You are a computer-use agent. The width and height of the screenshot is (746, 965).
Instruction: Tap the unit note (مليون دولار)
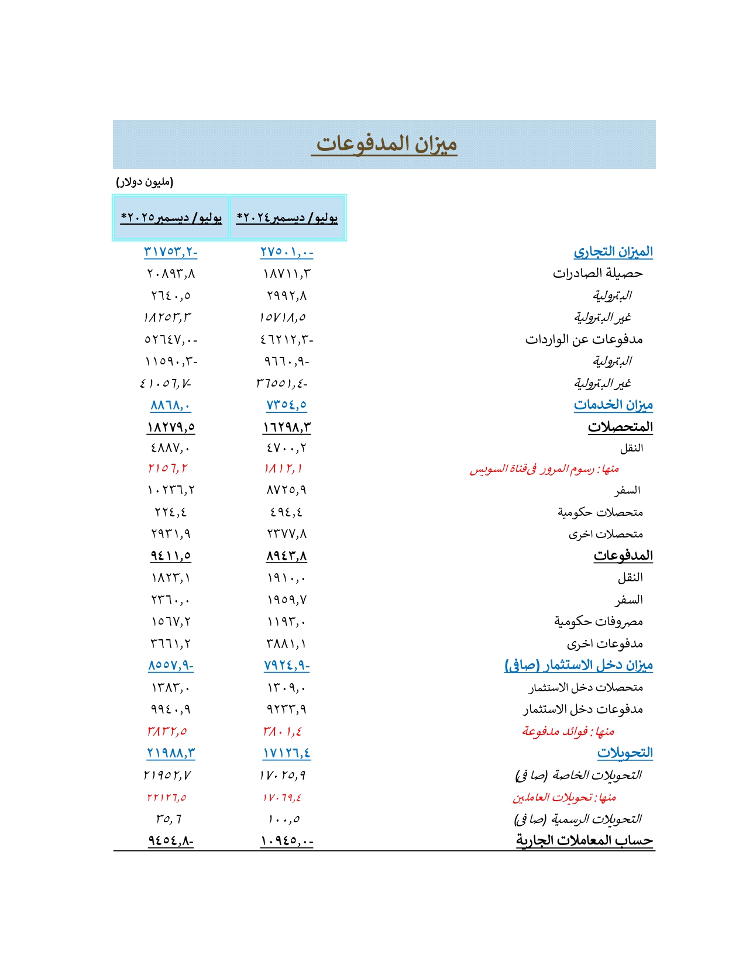click(145, 182)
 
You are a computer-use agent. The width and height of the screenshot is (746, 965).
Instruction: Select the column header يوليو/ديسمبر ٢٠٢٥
click(171, 218)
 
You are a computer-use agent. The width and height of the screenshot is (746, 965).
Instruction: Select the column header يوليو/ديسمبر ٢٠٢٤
click(287, 218)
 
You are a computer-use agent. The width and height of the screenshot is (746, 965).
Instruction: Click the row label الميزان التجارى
click(613, 252)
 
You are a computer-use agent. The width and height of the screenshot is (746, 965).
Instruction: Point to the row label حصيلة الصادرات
click(597, 273)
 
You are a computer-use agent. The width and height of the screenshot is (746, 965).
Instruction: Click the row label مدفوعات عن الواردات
click(583, 339)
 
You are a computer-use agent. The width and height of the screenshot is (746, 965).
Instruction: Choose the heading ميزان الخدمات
click(613, 405)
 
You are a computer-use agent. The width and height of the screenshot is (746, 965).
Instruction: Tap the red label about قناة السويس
click(544, 469)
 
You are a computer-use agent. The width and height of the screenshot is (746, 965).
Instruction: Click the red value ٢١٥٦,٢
click(168, 468)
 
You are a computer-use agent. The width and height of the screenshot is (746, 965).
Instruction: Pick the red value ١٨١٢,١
click(283, 468)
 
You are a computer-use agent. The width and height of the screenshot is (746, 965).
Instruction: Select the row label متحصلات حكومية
click(600, 512)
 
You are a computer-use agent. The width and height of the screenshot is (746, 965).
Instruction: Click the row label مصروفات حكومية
click(598, 621)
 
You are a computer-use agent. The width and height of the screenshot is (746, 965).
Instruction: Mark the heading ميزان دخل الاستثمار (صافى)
click(578, 666)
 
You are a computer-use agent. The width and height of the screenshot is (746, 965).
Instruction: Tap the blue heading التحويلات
click(624, 753)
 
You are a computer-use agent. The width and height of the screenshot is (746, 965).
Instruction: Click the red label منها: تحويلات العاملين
click(564, 797)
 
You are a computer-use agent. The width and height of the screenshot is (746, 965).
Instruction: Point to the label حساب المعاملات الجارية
click(584, 841)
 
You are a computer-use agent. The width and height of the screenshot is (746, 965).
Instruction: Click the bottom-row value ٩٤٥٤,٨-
click(171, 841)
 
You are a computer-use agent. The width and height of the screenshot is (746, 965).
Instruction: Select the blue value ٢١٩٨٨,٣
click(171, 753)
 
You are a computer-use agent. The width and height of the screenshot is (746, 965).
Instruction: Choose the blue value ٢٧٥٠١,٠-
click(287, 252)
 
